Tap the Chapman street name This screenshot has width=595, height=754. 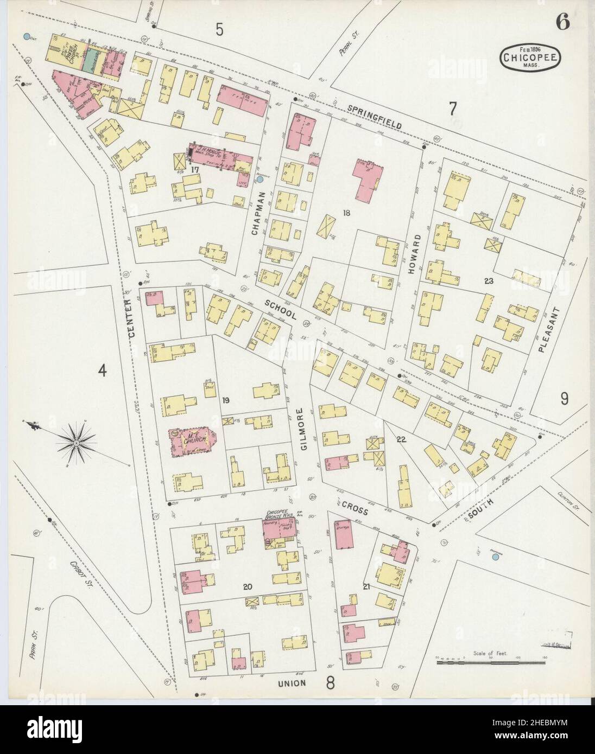tap(256, 213)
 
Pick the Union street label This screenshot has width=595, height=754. tap(293, 683)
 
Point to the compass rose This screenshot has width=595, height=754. tap(77, 443)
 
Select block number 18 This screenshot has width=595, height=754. tap(346, 213)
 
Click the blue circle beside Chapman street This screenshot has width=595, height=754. tap(260, 178)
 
